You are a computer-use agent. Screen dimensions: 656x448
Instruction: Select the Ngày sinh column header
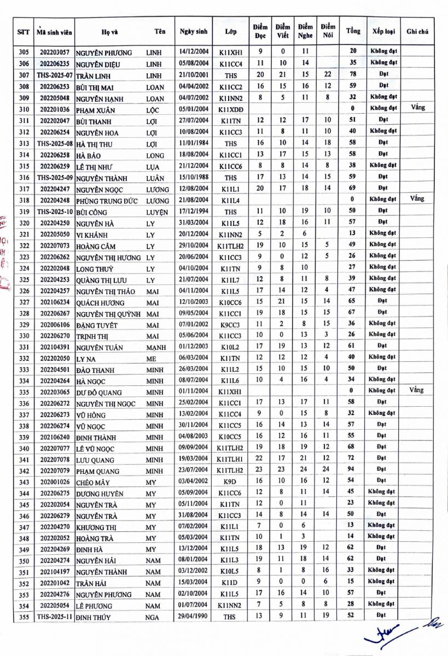[x=193, y=31]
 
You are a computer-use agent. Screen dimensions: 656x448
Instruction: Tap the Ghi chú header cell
[x=417, y=31]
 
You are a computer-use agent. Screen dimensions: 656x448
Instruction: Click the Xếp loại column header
[x=383, y=31]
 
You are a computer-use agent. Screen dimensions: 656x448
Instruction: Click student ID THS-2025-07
[x=54, y=74]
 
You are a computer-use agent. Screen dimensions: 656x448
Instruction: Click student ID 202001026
[x=55, y=482]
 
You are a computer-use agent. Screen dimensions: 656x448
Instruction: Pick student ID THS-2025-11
[x=54, y=617]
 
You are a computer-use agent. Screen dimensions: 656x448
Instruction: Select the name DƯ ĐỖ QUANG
[x=98, y=392]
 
